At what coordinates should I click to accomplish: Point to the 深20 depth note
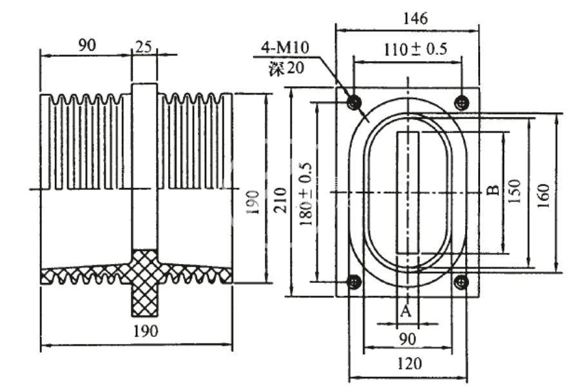(x=286, y=67)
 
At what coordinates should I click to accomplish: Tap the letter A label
(x=405, y=312)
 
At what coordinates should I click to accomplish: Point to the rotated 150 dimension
(x=514, y=192)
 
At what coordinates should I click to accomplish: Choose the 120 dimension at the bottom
(x=407, y=364)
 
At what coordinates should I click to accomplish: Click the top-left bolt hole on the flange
(x=353, y=102)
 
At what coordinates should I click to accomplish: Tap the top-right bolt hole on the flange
(x=461, y=102)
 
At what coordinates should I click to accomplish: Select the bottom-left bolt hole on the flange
(x=353, y=281)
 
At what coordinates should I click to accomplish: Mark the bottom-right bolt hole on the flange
(x=461, y=281)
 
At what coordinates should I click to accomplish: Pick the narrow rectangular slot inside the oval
(x=408, y=191)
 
